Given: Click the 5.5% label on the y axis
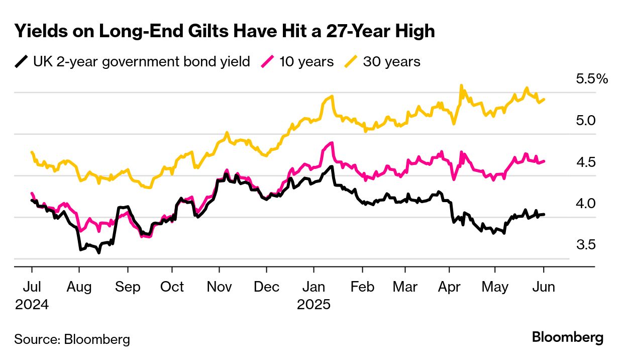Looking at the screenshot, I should (591, 79).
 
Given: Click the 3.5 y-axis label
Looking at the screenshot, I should (585, 245).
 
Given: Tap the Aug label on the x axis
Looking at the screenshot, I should (79, 287).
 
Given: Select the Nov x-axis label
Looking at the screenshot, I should (219, 287).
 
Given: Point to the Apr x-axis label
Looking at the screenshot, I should (450, 287).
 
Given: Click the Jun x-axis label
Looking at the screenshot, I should (544, 287).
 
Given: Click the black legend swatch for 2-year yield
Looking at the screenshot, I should (21, 62).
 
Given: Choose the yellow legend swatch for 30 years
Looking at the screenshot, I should (351, 62).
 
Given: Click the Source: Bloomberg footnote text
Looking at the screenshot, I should (72, 339).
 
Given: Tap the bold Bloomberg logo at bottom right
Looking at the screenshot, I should (568, 337).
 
